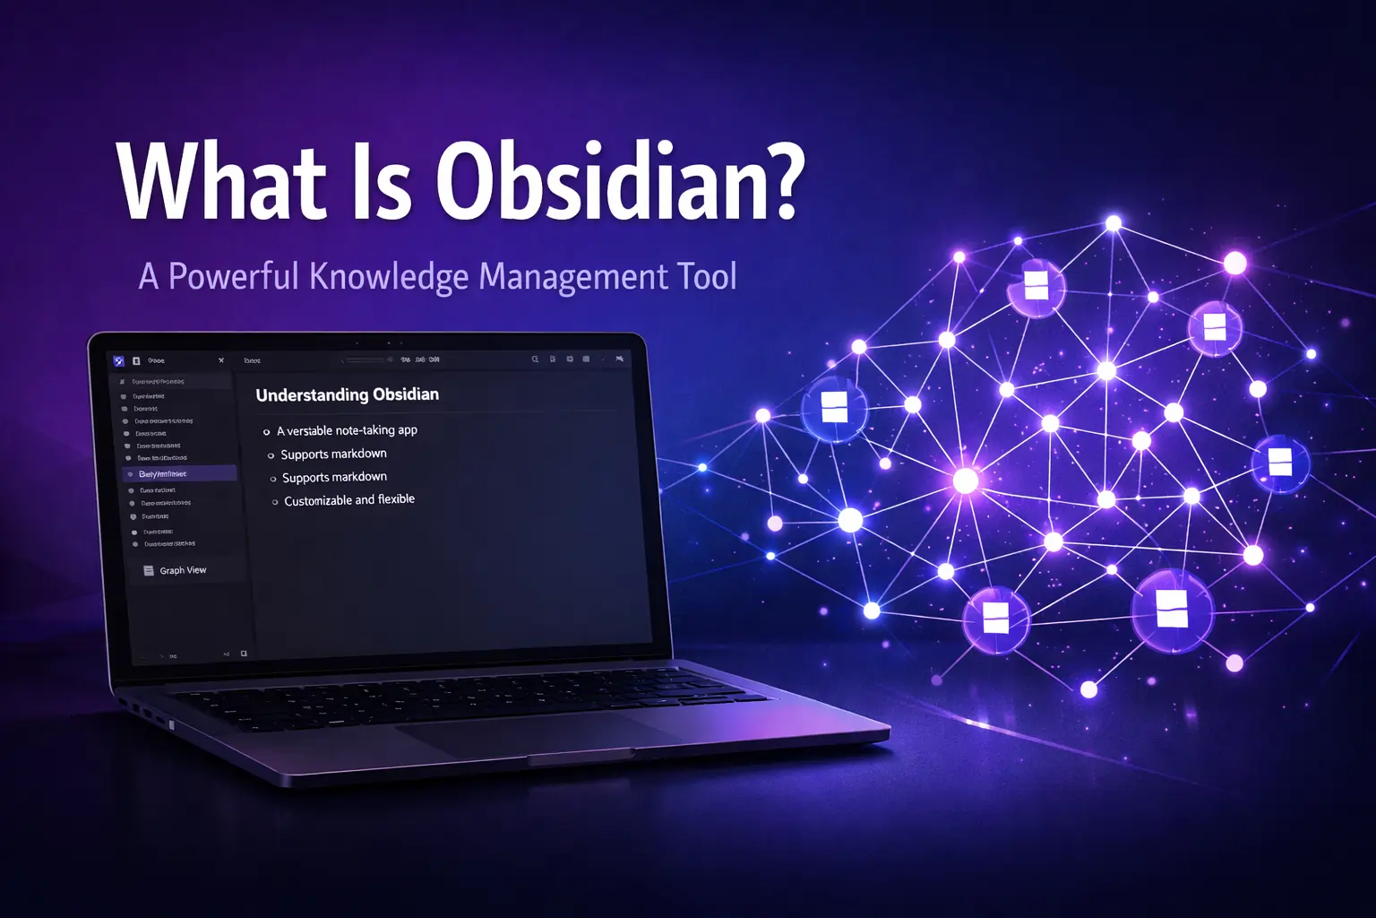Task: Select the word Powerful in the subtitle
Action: pyautogui.click(x=234, y=277)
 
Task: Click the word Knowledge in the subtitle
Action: pyautogui.click(x=389, y=277)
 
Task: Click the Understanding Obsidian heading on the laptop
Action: pyautogui.click(x=348, y=394)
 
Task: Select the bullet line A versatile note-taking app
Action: pyautogui.click(x=347, y=430)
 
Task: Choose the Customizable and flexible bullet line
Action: pyautogui.click(x=349, y=500)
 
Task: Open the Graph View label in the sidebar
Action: pyautogui.click(x=183, y=570)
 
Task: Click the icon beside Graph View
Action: pyautogui.click(x=149, y=570)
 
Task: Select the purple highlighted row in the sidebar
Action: pyautogui.click(x=179, y=473)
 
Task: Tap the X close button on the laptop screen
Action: pyautogui.click(x=221, y=360)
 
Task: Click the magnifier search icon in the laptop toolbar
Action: pyautogui.click(x=535, y=359)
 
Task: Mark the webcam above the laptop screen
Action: pyautogui.click(x=389, y=342)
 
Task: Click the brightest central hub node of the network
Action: pyautogui.click(x=965, y=481)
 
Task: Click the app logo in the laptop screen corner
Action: pyautogui.click(x=119, y=361)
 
